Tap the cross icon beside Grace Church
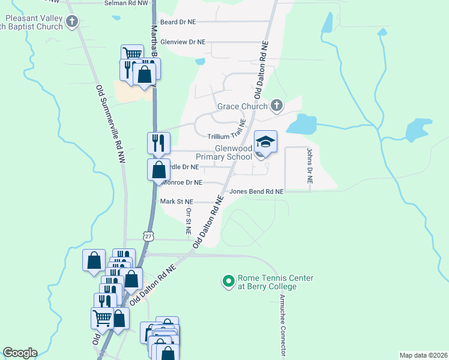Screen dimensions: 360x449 click(276, 106)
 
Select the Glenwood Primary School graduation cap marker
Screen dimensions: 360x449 click(265, 142)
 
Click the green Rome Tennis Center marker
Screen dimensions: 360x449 click(228, 280)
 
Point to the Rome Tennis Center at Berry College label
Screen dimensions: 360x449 click(267, 282)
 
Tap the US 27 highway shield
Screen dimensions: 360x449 click(148, 237)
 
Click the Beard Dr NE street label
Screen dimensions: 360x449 click(178, 22)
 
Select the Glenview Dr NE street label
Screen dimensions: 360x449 click(183, 42)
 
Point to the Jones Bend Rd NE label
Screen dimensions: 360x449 click(256, 191)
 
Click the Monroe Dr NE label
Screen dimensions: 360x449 click(182, 182)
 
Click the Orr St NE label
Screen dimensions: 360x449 click(188, 221)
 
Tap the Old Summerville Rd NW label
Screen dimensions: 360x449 click(111, 124)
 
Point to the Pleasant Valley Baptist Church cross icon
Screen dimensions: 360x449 click(73, 23)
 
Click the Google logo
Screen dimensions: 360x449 click(20, 353)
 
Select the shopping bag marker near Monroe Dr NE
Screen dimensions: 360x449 click(157, 170)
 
